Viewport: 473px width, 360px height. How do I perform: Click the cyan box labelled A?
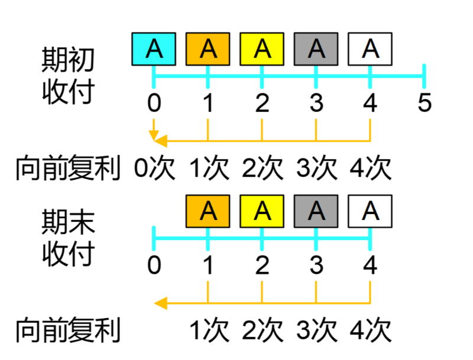tap(154, 49)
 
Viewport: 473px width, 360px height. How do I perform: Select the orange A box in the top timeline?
tap(208, 49)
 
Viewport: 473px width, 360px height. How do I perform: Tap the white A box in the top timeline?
tap(370, 49)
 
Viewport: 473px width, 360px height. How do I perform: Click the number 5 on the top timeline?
tap(424, 103)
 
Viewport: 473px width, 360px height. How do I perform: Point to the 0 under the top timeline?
tap(154, 103)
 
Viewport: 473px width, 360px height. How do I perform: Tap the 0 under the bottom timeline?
tap(154, 265)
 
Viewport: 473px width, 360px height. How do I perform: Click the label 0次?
tap(154, 168)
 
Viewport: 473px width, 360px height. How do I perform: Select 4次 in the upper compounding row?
tap(371, 168)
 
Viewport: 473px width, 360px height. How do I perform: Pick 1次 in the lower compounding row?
tap(209, 330)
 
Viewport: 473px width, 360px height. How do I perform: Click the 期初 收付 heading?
tap(68, 75)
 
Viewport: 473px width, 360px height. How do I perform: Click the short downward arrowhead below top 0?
tap(154, 137)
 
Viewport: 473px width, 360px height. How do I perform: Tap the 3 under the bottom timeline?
tap(316, 265)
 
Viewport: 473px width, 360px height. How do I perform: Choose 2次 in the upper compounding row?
tap(263, 168)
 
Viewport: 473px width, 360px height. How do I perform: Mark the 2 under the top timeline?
tap(262, 103)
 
